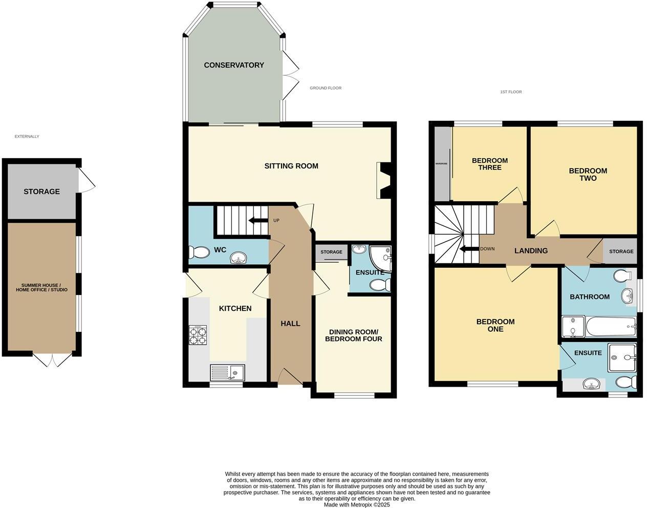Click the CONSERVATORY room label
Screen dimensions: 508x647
(234, 65)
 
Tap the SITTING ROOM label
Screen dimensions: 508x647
(291, 166)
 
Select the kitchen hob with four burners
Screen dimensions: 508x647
(198, 335)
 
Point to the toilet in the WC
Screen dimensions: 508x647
(196, 252)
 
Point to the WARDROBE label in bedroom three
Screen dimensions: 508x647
(441, 164)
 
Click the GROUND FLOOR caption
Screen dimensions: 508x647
(326, 88)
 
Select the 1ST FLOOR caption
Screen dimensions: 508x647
(511, 92)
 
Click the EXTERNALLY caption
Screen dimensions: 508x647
(27, 137)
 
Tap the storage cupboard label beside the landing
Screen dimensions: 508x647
(621, 251)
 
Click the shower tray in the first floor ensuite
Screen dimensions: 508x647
(622, 357)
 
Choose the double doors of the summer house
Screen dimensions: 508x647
(53, 359)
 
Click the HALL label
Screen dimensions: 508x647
(290, 324)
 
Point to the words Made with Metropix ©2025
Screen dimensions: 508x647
(357, 504)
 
